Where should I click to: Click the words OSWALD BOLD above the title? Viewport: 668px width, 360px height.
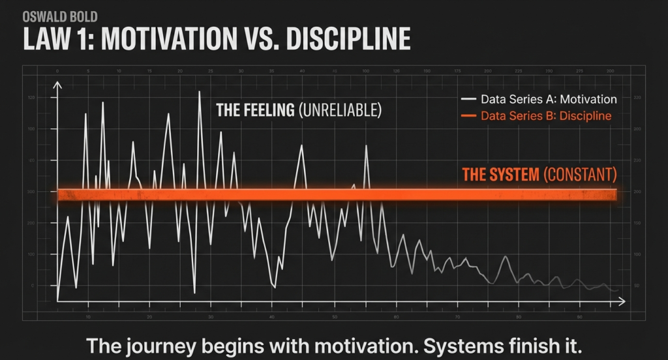(x=51, y=17)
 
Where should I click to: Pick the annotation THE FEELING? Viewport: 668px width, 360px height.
(x=254, y=111)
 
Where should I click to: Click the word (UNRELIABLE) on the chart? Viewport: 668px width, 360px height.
(x=339, y=111)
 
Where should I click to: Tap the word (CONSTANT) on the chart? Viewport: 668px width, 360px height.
(x=579, y=174)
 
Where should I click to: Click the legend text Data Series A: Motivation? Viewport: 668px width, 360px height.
(x=549, y=100)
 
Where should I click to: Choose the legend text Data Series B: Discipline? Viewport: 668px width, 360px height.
(x=546, y=116)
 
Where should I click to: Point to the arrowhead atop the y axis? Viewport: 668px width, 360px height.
(x=58, y=85)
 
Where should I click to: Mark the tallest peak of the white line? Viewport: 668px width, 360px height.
(x=199, y=93)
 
